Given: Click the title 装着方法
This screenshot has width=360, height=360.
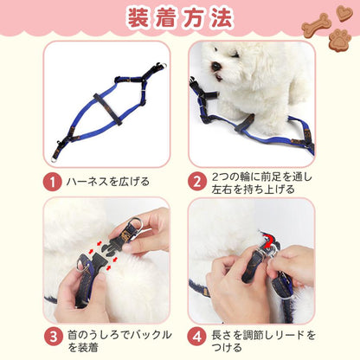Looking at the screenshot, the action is pyautogui.click(x=180, y=18).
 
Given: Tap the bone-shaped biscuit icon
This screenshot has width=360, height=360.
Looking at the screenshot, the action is pyautogui.click(x=317, y=24).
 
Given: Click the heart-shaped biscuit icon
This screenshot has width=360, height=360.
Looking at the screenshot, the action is pyautogui.click(x=344, y=13).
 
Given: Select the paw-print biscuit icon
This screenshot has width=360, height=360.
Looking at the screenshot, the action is pyautogui.click(x=341, y=38).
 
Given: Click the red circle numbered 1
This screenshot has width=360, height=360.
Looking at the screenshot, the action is pyautogui.click(x=53, y=182).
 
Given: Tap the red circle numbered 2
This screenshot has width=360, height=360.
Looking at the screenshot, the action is pyautogui.click(x=197, y=182).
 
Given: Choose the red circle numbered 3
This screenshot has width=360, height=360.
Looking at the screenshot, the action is pyautogui.click(x=54, y=337).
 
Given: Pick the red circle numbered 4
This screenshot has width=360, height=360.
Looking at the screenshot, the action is pyautogui.click(x=197, y=337).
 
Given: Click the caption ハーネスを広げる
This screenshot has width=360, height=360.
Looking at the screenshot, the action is pyautogui.click(x=108, y=182).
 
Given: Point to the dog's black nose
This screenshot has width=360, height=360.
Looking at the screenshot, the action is pyautogui.click(x=215, y=67).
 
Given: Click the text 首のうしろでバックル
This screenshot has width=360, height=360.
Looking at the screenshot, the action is pyautogui.click(x=119, y=335).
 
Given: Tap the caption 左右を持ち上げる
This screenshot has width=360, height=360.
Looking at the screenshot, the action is pyautogui.click(x=254, y=190).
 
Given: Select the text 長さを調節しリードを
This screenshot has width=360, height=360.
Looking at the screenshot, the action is pyautogui.click(x=264, y=335).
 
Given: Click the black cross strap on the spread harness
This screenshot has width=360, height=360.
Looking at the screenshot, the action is pyautogui.click(x=107, y=110).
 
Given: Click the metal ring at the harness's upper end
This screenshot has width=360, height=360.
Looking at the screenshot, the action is pyautogui.click(x=163, y=66).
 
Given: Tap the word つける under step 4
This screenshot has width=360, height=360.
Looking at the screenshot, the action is pyautogui.click(x=227, y=347).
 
